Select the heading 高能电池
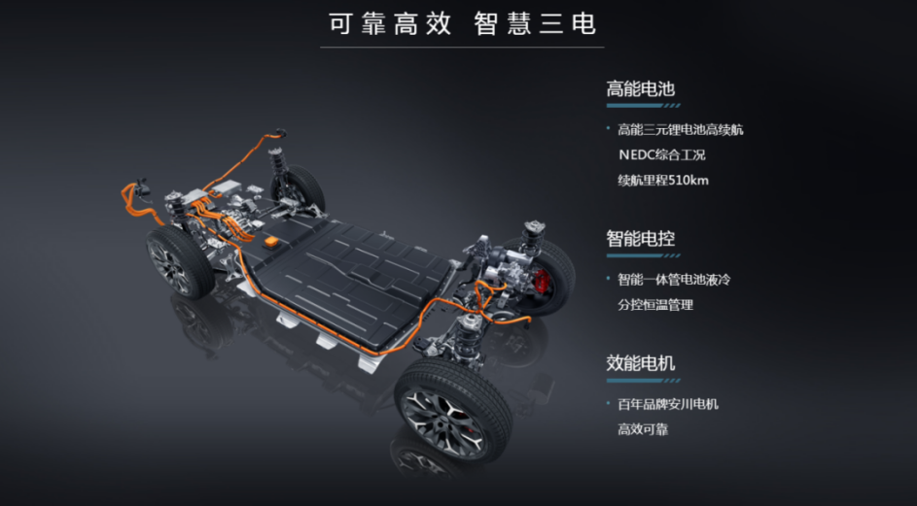point(640,89)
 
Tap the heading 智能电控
point(640,239)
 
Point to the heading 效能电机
point(640,363)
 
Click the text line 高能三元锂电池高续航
point(680,129)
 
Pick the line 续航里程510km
point(663,180)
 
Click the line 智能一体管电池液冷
point(673,280)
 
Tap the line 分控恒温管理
point(654,305)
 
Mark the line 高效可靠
point(642,429)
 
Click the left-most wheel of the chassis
point(180,262)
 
